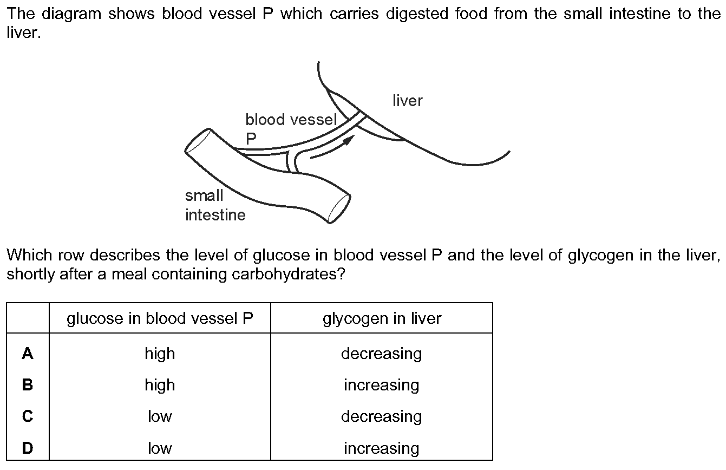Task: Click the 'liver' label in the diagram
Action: tap(408, 101)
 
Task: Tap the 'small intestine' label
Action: tap(215, 205)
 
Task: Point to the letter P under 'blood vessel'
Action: tap(251, 139)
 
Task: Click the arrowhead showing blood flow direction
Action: tap(349, 140)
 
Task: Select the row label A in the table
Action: tap(28, 353)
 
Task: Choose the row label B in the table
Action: tap(28, 385)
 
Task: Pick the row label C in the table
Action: tap(28, 416)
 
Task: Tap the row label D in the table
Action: tap(28, 448)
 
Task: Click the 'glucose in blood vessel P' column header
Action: tap(160, 318)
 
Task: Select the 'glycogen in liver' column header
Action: tap(382, 318)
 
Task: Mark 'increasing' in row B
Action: tap(382, 386)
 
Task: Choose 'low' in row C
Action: tap(160, 416)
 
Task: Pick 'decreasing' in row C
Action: tap(382, 417)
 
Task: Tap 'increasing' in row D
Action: tap(382, 448)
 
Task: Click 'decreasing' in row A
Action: tap(382, 354)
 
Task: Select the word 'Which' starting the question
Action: tap(29, 255)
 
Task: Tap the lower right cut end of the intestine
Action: tap(339, 209)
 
